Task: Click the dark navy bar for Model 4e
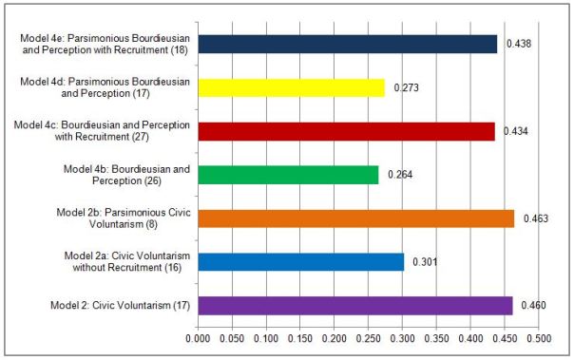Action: [347, 45]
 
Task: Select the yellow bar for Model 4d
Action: [291, 88]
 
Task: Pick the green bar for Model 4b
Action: [288, 175]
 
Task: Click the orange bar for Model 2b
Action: [355, 218]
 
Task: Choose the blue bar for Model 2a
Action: [300, 261]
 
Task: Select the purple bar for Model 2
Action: [354, 305]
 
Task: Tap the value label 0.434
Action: [515, 131]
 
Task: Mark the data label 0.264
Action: [399, 175]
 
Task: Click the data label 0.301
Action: [424, 261]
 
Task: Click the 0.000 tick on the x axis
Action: [198, 338]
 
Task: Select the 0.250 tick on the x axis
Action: [369, 338]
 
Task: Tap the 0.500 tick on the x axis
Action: [539, 338]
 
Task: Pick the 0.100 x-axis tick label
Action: [266, 338]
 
